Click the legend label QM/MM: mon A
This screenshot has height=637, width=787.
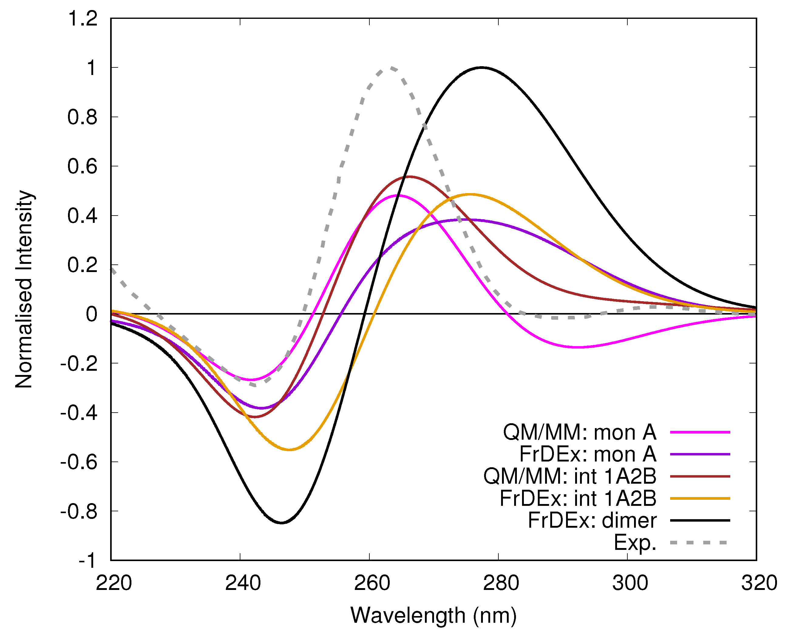(x=579, y=432)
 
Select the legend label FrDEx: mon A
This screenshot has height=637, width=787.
(x=588, y=454)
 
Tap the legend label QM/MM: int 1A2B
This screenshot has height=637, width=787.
(x=569, y=476)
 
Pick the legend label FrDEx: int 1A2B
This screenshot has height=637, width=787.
(x=578, y=498)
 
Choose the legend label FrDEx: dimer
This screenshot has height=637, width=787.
(x=592, y=520)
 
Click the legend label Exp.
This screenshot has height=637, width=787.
(x=635, y=542)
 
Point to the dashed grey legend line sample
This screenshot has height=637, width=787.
(x=700, y=542)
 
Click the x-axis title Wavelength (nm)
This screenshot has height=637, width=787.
(x=433, y=615)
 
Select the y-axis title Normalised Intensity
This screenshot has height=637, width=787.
(x=24, y=289)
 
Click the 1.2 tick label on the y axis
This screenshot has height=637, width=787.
(x=83, y=18)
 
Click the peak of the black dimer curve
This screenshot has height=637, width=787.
(x=482, y=67)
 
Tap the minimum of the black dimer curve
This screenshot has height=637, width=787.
(x=281, y=523)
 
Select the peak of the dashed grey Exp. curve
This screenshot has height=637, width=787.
(x=392, y=68)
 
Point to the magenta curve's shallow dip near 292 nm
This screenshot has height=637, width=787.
(x=578, y=347)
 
